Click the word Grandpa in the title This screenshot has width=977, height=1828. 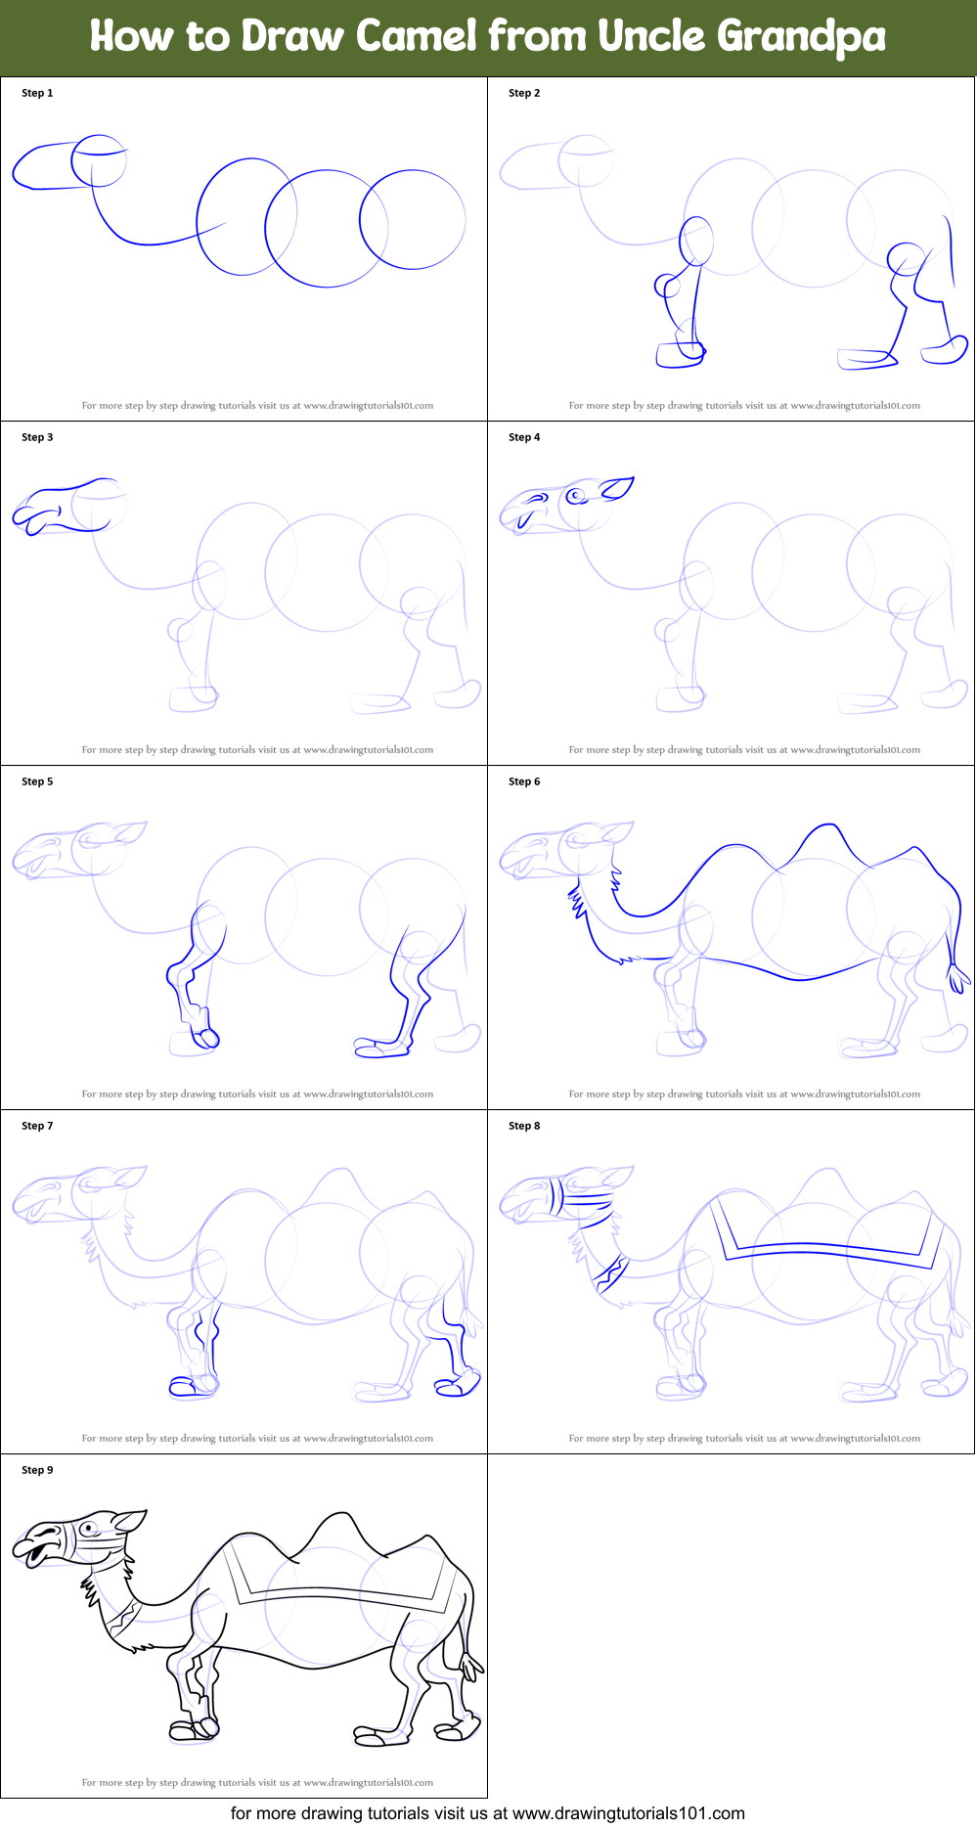click(x=801, y=38)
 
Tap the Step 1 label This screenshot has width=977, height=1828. click(x=37, y=93)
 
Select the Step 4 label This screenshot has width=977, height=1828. click(x=524, y=437)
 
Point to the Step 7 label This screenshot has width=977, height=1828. click(x=37, y=1126)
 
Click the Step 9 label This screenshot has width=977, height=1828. click(x=37, y=1470)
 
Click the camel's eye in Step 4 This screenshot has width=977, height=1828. click(x=576, y=496)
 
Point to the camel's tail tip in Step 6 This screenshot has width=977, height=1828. click(x=958, y=977)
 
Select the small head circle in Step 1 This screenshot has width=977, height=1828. click(x=99, y=161)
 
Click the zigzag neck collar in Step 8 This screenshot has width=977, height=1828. click(x=611, y=1273)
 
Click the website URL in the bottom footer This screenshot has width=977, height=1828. click(x=628, y=1813)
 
